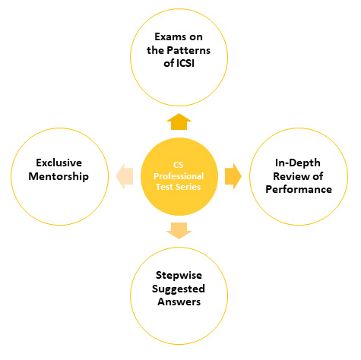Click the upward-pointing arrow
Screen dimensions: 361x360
click(x=179, y=122)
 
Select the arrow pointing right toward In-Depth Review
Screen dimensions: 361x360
click(x=233, y=176)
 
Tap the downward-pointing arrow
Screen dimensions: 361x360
click(x=179, y=231)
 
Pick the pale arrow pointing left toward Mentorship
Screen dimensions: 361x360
click(x=125, y=176)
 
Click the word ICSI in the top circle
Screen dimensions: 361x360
click(x=185, y=63)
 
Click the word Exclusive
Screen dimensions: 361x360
click(x=59, y=163)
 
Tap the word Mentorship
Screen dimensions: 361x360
click(x=59, y=176)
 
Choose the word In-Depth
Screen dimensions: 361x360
click(x=298, y=163)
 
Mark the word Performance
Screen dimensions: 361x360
click(x=299, y=189)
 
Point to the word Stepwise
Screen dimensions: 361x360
click(x=179, y=275)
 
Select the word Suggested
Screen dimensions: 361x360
click(x=179, y=289)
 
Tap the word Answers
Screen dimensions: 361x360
click(x=179, y=302)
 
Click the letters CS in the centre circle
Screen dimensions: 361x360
click(x=179, y=165)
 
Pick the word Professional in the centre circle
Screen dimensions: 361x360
click(x=179, y=176)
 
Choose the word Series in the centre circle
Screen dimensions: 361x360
click(x=189, y=187)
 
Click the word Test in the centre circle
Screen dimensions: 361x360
click(x=166, y=187)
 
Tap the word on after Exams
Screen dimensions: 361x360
click(x=196, y=37)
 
